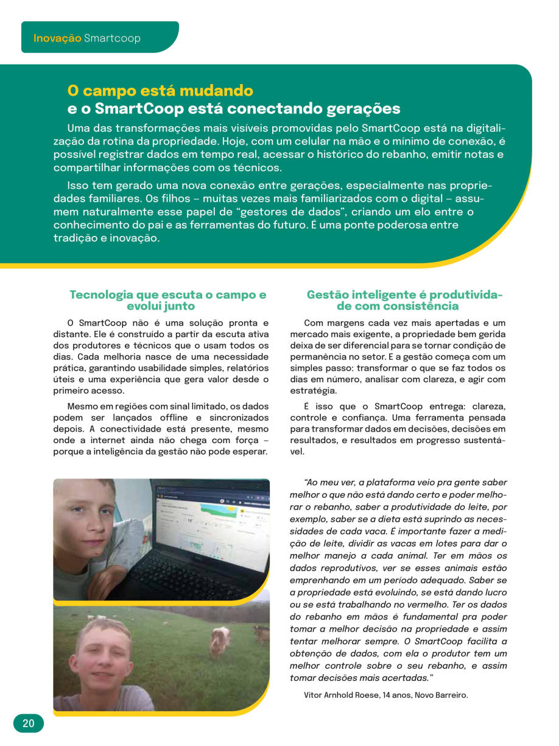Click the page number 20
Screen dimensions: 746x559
29,723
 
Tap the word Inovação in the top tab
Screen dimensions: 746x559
57,38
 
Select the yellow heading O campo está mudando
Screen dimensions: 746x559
160,91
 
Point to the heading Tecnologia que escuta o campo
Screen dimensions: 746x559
167,295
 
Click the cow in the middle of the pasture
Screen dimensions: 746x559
220,640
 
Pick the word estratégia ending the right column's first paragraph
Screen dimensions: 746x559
313,391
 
